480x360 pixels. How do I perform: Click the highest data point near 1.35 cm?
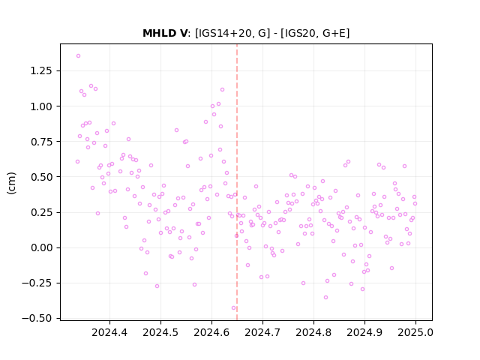(x=78, y=56)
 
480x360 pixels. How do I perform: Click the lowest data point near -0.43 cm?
(x=233, y=308)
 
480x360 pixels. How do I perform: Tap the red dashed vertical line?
(x=237, y=182)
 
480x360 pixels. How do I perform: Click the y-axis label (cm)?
(x=11, y=183)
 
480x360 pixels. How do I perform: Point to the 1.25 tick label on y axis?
(x=41, y=70)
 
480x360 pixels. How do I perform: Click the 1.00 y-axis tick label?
(x=41, y=106)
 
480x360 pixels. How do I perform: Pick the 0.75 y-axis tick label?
(x=41, y=142)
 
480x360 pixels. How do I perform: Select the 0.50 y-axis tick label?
(x=41, y=177)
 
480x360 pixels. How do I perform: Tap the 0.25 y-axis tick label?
(x=41, y=212)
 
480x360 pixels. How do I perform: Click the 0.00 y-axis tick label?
(x=41, y=247)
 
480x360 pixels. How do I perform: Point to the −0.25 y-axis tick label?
(x=37, y=283)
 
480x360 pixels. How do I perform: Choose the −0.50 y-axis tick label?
(x=37, y=318)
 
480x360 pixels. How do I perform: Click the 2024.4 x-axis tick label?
(x=109, y=332)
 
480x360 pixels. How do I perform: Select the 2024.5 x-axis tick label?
(x=160, y=332)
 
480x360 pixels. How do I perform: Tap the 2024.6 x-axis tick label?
(x=211, y=332)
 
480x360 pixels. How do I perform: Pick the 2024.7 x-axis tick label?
(x=262, y=332)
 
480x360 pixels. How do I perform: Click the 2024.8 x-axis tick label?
(x=313, y=332)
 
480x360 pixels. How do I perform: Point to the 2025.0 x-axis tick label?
(x=415, y=332)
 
